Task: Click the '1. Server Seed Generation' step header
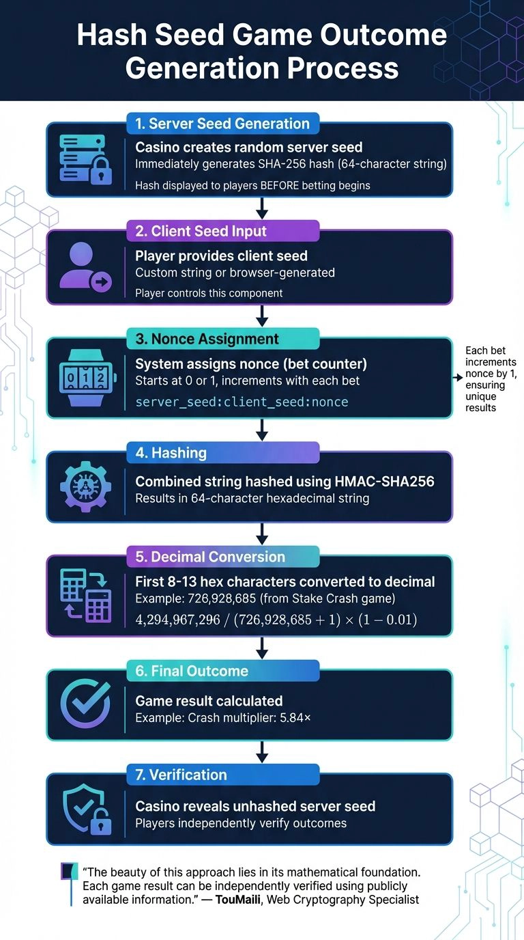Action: point(222,124)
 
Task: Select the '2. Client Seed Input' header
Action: point(222,231)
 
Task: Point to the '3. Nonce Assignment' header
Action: point(222,339)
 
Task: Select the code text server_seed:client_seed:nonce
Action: point(242,402)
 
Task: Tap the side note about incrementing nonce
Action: point(491,378)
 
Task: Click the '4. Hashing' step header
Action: point(222,452)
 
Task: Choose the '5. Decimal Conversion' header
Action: point(222,557)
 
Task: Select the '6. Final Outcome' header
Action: point(222,671)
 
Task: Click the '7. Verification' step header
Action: point(222,775)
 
